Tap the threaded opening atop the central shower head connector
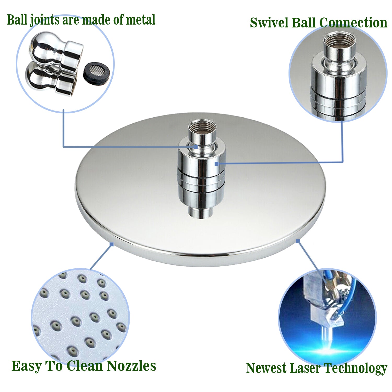(x=203, y=126)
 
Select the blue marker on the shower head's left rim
(x=112, y=244)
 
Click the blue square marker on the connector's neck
(x=196, y=147)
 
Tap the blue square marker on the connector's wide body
(x=216, y=164)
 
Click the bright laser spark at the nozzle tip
(x=326, y=349)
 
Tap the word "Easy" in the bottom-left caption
(x=27, y=366)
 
